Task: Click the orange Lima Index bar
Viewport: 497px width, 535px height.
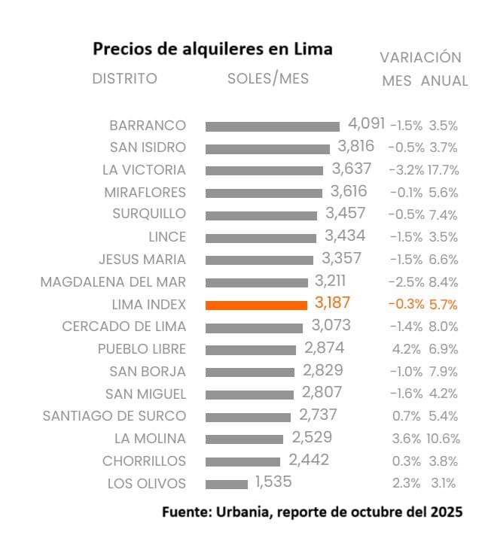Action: click(x=256, y=305)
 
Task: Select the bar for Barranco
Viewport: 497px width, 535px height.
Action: click(x=272, y=126)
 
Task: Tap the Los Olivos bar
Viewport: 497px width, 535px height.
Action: click(x=226, y=484)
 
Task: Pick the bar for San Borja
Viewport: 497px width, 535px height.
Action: click(x=249, y=372)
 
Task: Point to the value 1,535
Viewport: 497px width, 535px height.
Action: click(x=273, y=482)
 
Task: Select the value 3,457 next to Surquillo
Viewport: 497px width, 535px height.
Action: click(x=346, y=214)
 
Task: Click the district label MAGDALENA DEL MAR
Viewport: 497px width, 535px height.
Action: click(x=113, y=282)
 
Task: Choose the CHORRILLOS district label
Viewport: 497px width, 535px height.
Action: click(x=144, y=461)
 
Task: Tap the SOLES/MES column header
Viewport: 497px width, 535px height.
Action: click(x=268, y=79)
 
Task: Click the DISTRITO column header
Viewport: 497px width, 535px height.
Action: click(x=125, y=79)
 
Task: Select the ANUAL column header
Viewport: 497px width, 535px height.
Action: click(x=444, y=81)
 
